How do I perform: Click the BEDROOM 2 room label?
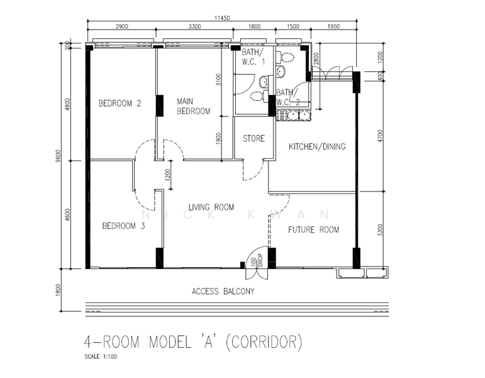pyautogui.click(x=120, y=103)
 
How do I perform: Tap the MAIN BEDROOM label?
pyautogui.click(x=194, y=106)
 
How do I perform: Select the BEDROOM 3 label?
pyautogui.click(x=123, y=226)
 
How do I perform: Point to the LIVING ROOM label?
pyautogui.click(x=211, y=207)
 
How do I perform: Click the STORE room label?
pyautogui.click(x=254, y=139)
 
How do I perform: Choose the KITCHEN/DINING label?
pyautogui.click(x=317, y=147)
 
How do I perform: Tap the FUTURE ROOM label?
pyautogui.click(x=314, y=230)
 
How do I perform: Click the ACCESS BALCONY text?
pyautogui.click(x=223, y=291)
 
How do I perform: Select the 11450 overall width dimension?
pyautogui.click(x=222, y=18)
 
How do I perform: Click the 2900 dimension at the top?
pyautogui.click(x=122, y=26)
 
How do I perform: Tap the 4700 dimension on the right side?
pyautogui.click(x=381, y=136)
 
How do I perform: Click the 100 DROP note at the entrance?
pyautogui.click(x=257, y=261)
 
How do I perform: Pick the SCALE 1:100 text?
pyautogui.click(x=101, y=357)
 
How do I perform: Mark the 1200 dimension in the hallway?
pyautogui.click(x=168, y=175)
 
